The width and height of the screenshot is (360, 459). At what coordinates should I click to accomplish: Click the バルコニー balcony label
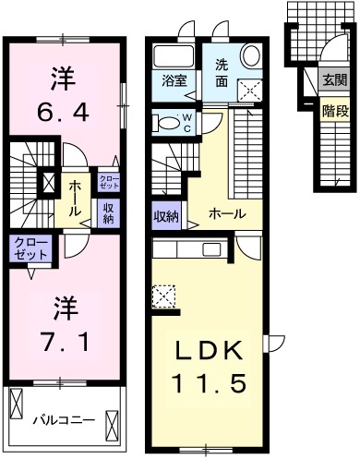pos(63,420)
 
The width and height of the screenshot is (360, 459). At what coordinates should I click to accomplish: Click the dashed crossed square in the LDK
pos(163,297)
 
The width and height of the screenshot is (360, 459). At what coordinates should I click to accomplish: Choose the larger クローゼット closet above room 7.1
pos(30,247)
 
